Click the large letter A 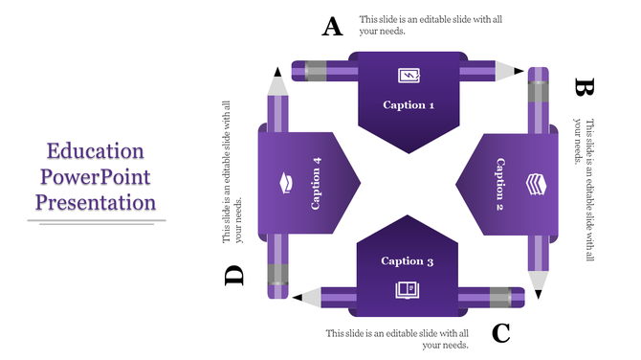332,27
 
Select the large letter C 501,333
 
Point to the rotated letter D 234,277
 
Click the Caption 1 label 409,105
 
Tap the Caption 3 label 408,260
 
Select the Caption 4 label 316,182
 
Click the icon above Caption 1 409,75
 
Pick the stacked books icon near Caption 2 536,183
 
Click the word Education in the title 96,151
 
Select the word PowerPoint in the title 96,177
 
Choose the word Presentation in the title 96,203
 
